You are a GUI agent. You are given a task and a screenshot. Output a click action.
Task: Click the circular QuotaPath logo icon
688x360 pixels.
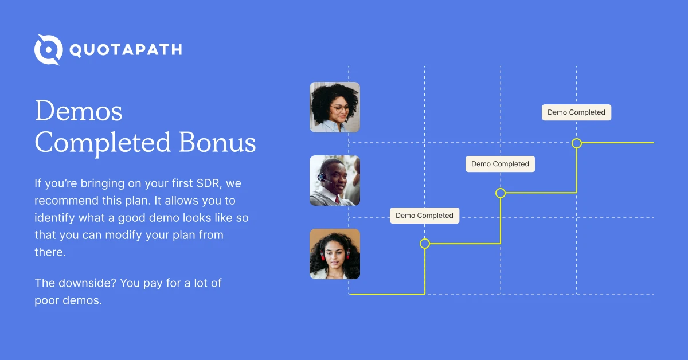pos(49,49)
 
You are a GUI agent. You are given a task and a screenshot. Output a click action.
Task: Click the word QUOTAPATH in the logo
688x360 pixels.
pos(126,50)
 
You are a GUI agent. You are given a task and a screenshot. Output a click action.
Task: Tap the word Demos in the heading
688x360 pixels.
pos(79,111)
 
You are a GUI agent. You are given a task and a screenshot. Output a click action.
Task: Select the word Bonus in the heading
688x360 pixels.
pos(217,142)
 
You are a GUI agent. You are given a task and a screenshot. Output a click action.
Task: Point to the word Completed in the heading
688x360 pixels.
pos(103,143)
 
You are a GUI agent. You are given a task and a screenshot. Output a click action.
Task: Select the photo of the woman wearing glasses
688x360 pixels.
pos(335,107)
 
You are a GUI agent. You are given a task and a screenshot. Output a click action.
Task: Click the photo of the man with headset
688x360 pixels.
pos(335,181)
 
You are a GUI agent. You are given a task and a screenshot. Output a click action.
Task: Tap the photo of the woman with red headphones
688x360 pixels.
pos(335,254)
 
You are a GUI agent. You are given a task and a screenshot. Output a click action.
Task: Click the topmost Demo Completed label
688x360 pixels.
pos(577,112)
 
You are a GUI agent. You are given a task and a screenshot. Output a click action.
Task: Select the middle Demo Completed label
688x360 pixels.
pos(501,164)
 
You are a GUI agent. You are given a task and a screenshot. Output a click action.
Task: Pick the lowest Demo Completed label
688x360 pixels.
pos(424,216)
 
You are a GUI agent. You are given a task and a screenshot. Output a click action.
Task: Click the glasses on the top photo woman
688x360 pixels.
pos(339,108)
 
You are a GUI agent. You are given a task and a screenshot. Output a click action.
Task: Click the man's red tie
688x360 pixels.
pos(338,200)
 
